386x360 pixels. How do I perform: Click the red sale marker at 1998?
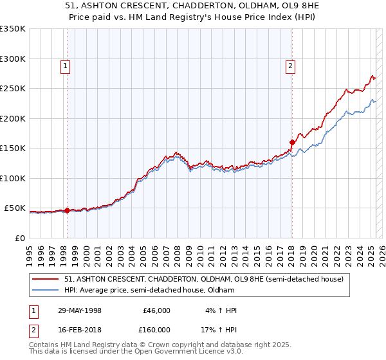(x=67, y=210)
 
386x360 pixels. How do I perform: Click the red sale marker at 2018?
(x=292, y=142)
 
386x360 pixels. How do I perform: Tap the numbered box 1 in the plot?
(x=66, y=65)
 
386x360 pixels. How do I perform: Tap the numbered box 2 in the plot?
(x=291, y=65)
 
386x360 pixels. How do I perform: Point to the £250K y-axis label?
(x=13, y=89)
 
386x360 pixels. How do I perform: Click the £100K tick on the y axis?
(x=13, y=178)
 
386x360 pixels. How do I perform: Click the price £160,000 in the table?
(x=156, y=329)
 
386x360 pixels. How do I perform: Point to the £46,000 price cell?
(x=156, y=310)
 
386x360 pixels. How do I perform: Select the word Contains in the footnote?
(x=44, y=345)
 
